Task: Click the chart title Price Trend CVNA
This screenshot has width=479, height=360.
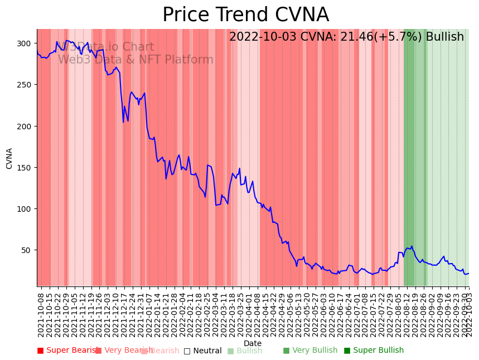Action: [245, 15]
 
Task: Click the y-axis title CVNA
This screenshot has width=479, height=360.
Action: [9, 158]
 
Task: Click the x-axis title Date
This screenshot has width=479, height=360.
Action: [253, 343]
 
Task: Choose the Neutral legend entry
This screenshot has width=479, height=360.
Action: [203, 351]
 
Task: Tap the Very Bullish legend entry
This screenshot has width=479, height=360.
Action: [311, 351]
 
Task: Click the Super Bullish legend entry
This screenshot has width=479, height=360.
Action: [374, 351]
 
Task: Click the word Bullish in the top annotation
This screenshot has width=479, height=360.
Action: [444, 37]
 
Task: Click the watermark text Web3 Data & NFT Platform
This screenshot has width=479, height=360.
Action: [136, 60]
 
